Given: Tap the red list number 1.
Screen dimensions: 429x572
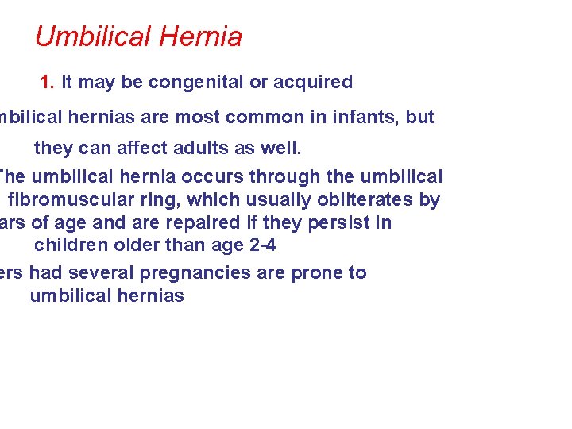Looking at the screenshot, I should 46,82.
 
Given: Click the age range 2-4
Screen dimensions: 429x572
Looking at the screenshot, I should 261,245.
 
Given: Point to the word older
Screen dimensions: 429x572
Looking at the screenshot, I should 131,245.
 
